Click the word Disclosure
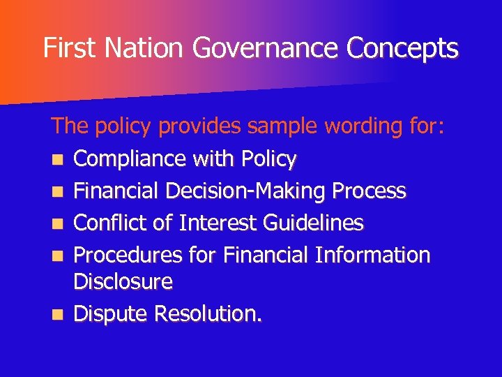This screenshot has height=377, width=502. pyautogui.click(x=123, y=282)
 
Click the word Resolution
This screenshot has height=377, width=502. pyautogui.click(x=208, y=314)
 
